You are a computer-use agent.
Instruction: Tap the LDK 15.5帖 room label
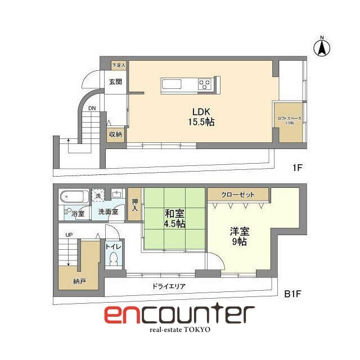tap(200, 116)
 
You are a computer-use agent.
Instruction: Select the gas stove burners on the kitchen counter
tap(205, 84)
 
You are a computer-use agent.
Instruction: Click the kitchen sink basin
tap(170, 85)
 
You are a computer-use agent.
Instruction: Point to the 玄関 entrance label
tap(116, 82)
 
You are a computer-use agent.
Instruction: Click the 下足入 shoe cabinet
tap(118, 65)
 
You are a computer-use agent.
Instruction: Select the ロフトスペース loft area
tap(289, 121)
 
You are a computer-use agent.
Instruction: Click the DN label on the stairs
tap(92, 108)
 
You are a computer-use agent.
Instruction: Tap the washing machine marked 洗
tap(99, 196)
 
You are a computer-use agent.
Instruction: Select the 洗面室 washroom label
tap(108, 212)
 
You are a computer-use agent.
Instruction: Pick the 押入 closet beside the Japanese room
tap(134, 206)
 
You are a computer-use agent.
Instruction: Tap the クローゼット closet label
tap(238, 195)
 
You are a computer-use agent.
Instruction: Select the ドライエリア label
tap(169, 286)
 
